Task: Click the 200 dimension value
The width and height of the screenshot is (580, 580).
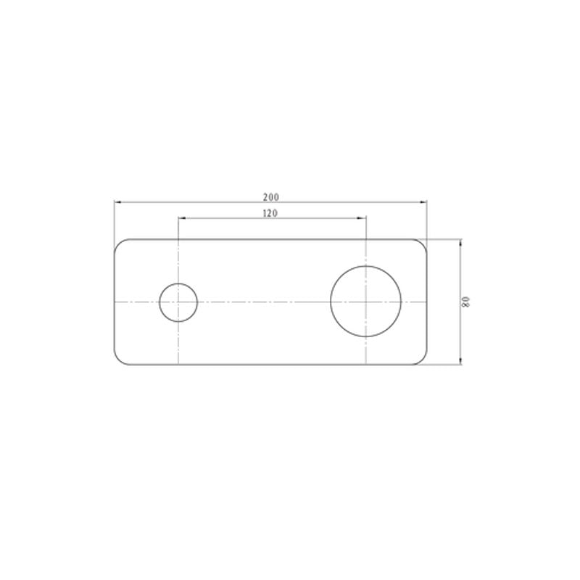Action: click(x=271, y=197)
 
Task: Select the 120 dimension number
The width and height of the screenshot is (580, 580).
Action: click(x=271, y=213)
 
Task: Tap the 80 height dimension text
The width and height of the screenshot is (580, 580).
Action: click(x=468, y=301)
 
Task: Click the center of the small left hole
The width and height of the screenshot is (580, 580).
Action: click(x=178, y=302)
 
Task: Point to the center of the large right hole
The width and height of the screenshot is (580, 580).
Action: click(x=366, y=301)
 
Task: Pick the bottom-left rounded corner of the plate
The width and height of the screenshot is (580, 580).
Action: click(x=118, y=360)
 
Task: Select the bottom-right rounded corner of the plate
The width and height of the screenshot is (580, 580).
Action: click(x=423, y=360)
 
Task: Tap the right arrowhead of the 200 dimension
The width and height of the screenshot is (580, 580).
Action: click(x=423, y=202)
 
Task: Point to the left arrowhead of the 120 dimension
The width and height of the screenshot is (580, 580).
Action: click(x=181, y=218)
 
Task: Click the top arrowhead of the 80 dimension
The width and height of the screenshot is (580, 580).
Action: click(x=461, y=242)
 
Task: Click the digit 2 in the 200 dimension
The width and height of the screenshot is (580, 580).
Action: click(x=266, y=197)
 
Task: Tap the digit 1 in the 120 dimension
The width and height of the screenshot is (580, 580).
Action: click(x=265, y=213)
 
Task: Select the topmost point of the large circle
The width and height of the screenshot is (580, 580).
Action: click(x=366, y=265)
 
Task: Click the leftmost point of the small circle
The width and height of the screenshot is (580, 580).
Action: click(x=159, y=302)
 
